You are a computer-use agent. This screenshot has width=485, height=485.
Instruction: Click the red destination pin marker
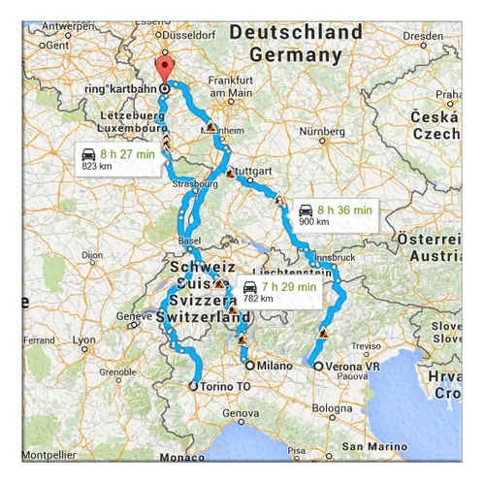[x=164, y=70]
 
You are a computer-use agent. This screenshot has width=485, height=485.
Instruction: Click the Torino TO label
[x=222, y=385]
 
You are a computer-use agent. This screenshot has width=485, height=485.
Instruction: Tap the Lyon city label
[x=84, y=339]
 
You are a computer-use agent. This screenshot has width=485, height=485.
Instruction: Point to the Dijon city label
[x=93, y=255]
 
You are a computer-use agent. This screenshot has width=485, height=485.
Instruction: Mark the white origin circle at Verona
[x=320, y=366]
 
